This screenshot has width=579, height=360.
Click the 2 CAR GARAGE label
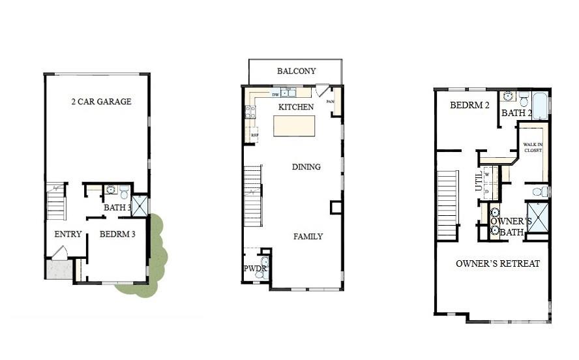click(101, 102)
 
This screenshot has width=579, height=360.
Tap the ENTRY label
click(68, 234)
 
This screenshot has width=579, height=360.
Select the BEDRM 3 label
click(117, 234)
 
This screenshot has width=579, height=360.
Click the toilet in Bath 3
click(124, 192)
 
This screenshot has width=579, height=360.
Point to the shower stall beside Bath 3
click(140, 205)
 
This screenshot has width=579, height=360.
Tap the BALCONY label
click(296, 71)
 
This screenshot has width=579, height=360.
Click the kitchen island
click(293, 125)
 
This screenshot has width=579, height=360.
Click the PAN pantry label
click(330, 102)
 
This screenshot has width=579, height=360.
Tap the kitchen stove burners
click(250, 112)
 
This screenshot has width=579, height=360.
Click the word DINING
click(306, 167)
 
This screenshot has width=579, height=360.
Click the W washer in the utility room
click(487, 175)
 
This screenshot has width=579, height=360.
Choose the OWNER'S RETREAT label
click(497, 263)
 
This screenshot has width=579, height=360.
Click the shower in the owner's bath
click(538, 217)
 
